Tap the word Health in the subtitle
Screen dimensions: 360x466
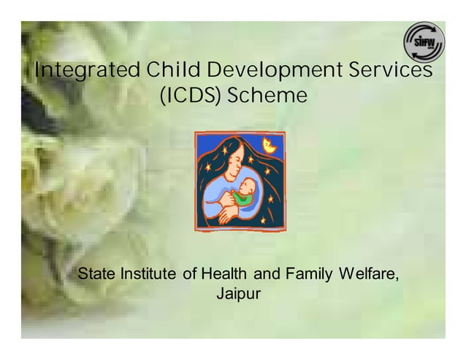(x=224, y=275)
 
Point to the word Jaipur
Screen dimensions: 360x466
(x=234, y=295)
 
